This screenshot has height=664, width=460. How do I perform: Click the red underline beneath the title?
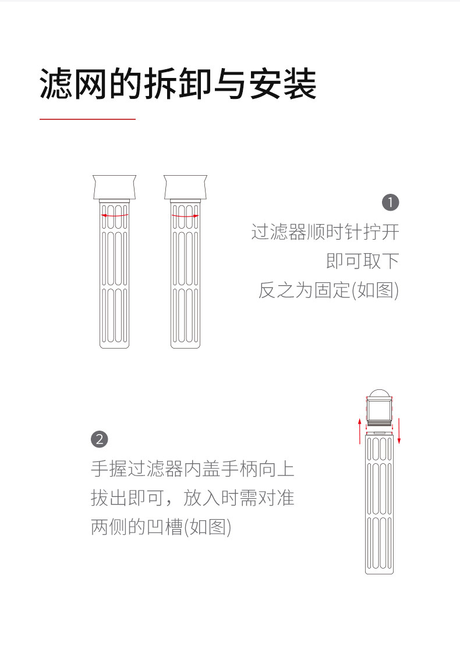[x=87, y=119]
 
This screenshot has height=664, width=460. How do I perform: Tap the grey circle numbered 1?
[x=390, y=203]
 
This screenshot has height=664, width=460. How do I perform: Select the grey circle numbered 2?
[x=100, y=439]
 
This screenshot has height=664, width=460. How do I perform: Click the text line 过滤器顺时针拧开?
[x=325, y=232]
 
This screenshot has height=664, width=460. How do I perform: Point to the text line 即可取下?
[x=362, y=260]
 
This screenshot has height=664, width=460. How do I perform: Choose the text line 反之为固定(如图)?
[x=328, y=289]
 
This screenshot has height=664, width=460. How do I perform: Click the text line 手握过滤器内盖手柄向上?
[x=193, y=469]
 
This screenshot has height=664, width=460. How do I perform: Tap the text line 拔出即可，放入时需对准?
[x=193, y=498]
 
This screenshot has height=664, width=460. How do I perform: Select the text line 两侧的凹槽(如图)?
[x=161, y=527]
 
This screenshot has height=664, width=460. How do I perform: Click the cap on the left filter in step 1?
[x=115, y=186]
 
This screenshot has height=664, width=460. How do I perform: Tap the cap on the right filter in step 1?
[x=185, y=186]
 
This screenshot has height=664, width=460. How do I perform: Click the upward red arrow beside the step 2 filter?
[x=359, y=430]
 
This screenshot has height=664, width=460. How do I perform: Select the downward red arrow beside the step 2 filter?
[x=399, y=430]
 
